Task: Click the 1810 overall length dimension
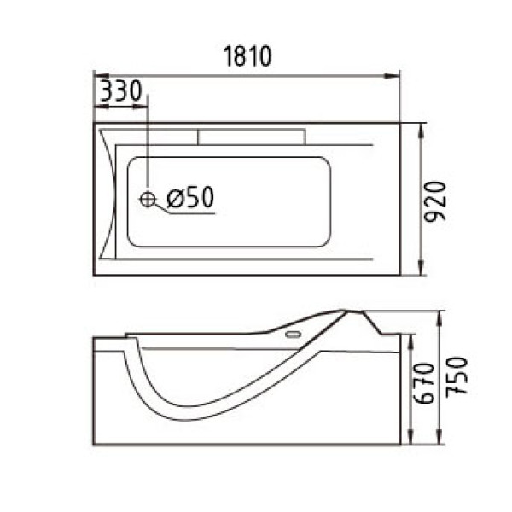click(247, 57)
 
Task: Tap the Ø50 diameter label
click(189, 198)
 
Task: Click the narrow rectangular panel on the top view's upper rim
click(253, 137)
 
